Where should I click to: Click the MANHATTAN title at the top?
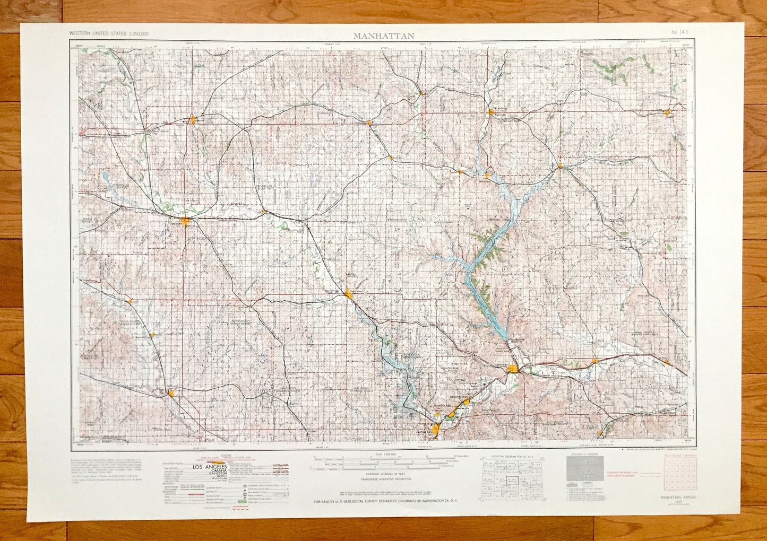click(x=384, y=36)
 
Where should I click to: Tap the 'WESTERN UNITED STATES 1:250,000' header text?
click(x=109, y=34)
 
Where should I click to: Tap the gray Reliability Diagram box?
click(x=588, y=469)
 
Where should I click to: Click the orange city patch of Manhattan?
click(x=513, y=369)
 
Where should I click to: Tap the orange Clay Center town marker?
click(x=348, y=293)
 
